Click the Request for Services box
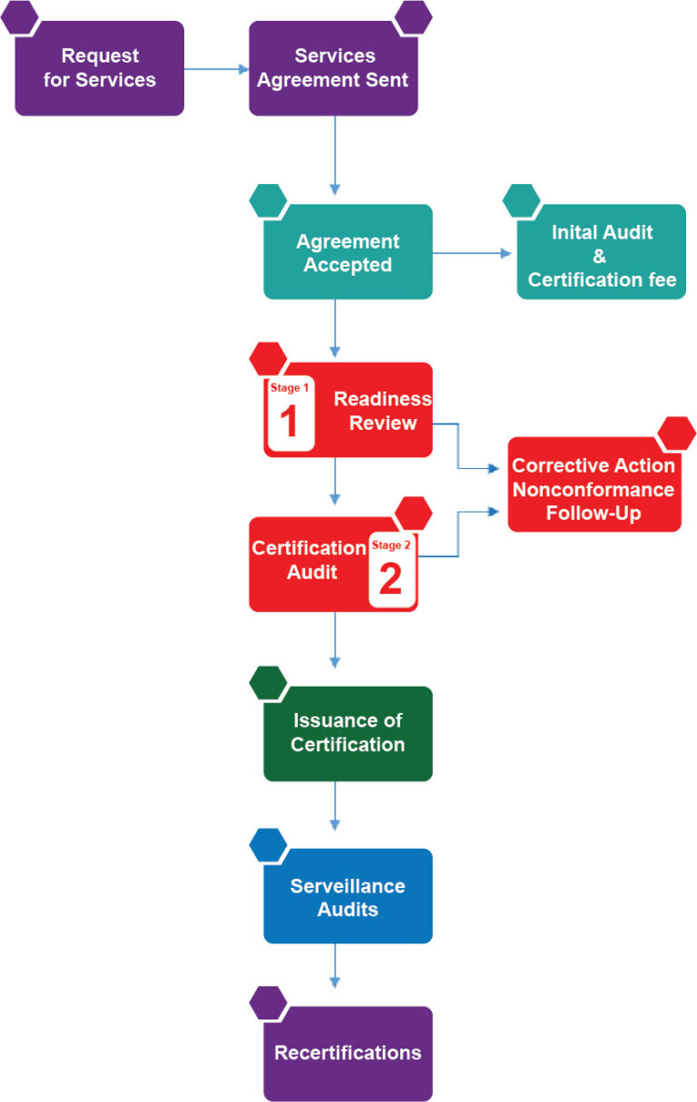tap(100, 69)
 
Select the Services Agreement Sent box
tap(333, 69)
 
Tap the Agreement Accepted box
tap(348, 253)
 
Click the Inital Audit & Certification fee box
tap(602, 256)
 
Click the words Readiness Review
tap(382, 411)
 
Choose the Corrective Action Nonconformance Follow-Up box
tap(594, 489)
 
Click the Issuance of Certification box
tap(348, 733)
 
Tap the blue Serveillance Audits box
tap(348, 897)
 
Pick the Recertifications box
tap(348, 1053)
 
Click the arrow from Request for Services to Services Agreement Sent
tap(216, 69)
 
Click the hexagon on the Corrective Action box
tap(676, 434)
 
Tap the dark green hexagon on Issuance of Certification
tap(268, 682)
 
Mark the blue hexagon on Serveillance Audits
tap(268, 844)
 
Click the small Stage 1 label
tap(290, 387)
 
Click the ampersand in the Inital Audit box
tap(600, 257)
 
